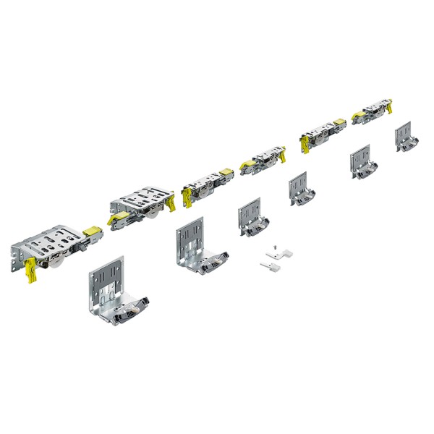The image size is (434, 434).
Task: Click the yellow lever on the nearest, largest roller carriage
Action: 31,271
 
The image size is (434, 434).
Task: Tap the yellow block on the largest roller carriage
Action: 92,232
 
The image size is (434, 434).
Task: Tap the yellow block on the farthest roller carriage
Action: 359,114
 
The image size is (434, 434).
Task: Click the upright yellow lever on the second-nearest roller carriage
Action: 171,202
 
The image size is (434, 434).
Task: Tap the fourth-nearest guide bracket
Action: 299,190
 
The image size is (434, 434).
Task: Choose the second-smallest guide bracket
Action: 362,162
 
